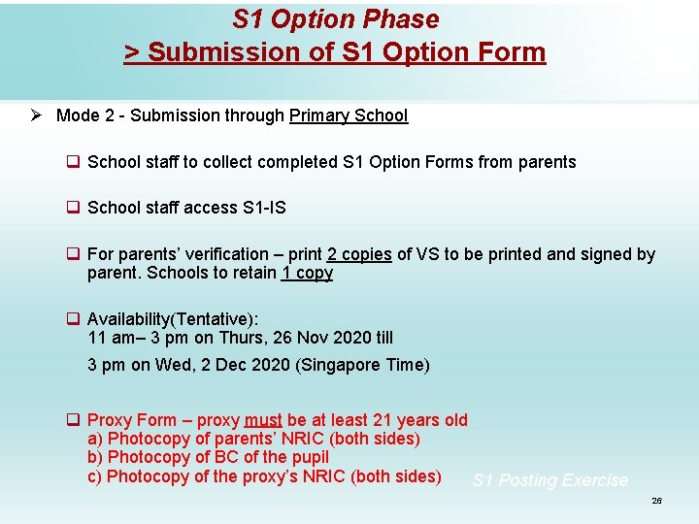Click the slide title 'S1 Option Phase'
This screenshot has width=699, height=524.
pos(336,19)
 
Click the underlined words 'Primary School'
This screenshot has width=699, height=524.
pos(349,115)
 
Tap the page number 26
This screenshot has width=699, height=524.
pos(656,501)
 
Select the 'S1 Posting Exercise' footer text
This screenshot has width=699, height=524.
pos(549,480)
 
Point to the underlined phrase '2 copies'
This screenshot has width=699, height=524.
pos(359,254)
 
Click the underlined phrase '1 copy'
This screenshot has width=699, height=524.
pos(307,273)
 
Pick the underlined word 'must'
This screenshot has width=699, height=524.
pos(263,420)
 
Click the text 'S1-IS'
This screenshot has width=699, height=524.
pos(264,208)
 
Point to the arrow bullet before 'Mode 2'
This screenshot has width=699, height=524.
pos(35,115)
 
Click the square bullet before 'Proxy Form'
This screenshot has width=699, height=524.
pos(72,420)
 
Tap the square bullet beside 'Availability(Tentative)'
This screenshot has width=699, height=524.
pos(72,319)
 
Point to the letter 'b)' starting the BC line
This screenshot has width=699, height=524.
pos(95,457)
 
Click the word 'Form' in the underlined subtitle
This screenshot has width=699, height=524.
pos(513,51)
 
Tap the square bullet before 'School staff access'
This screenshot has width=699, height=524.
pos(72,208)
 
